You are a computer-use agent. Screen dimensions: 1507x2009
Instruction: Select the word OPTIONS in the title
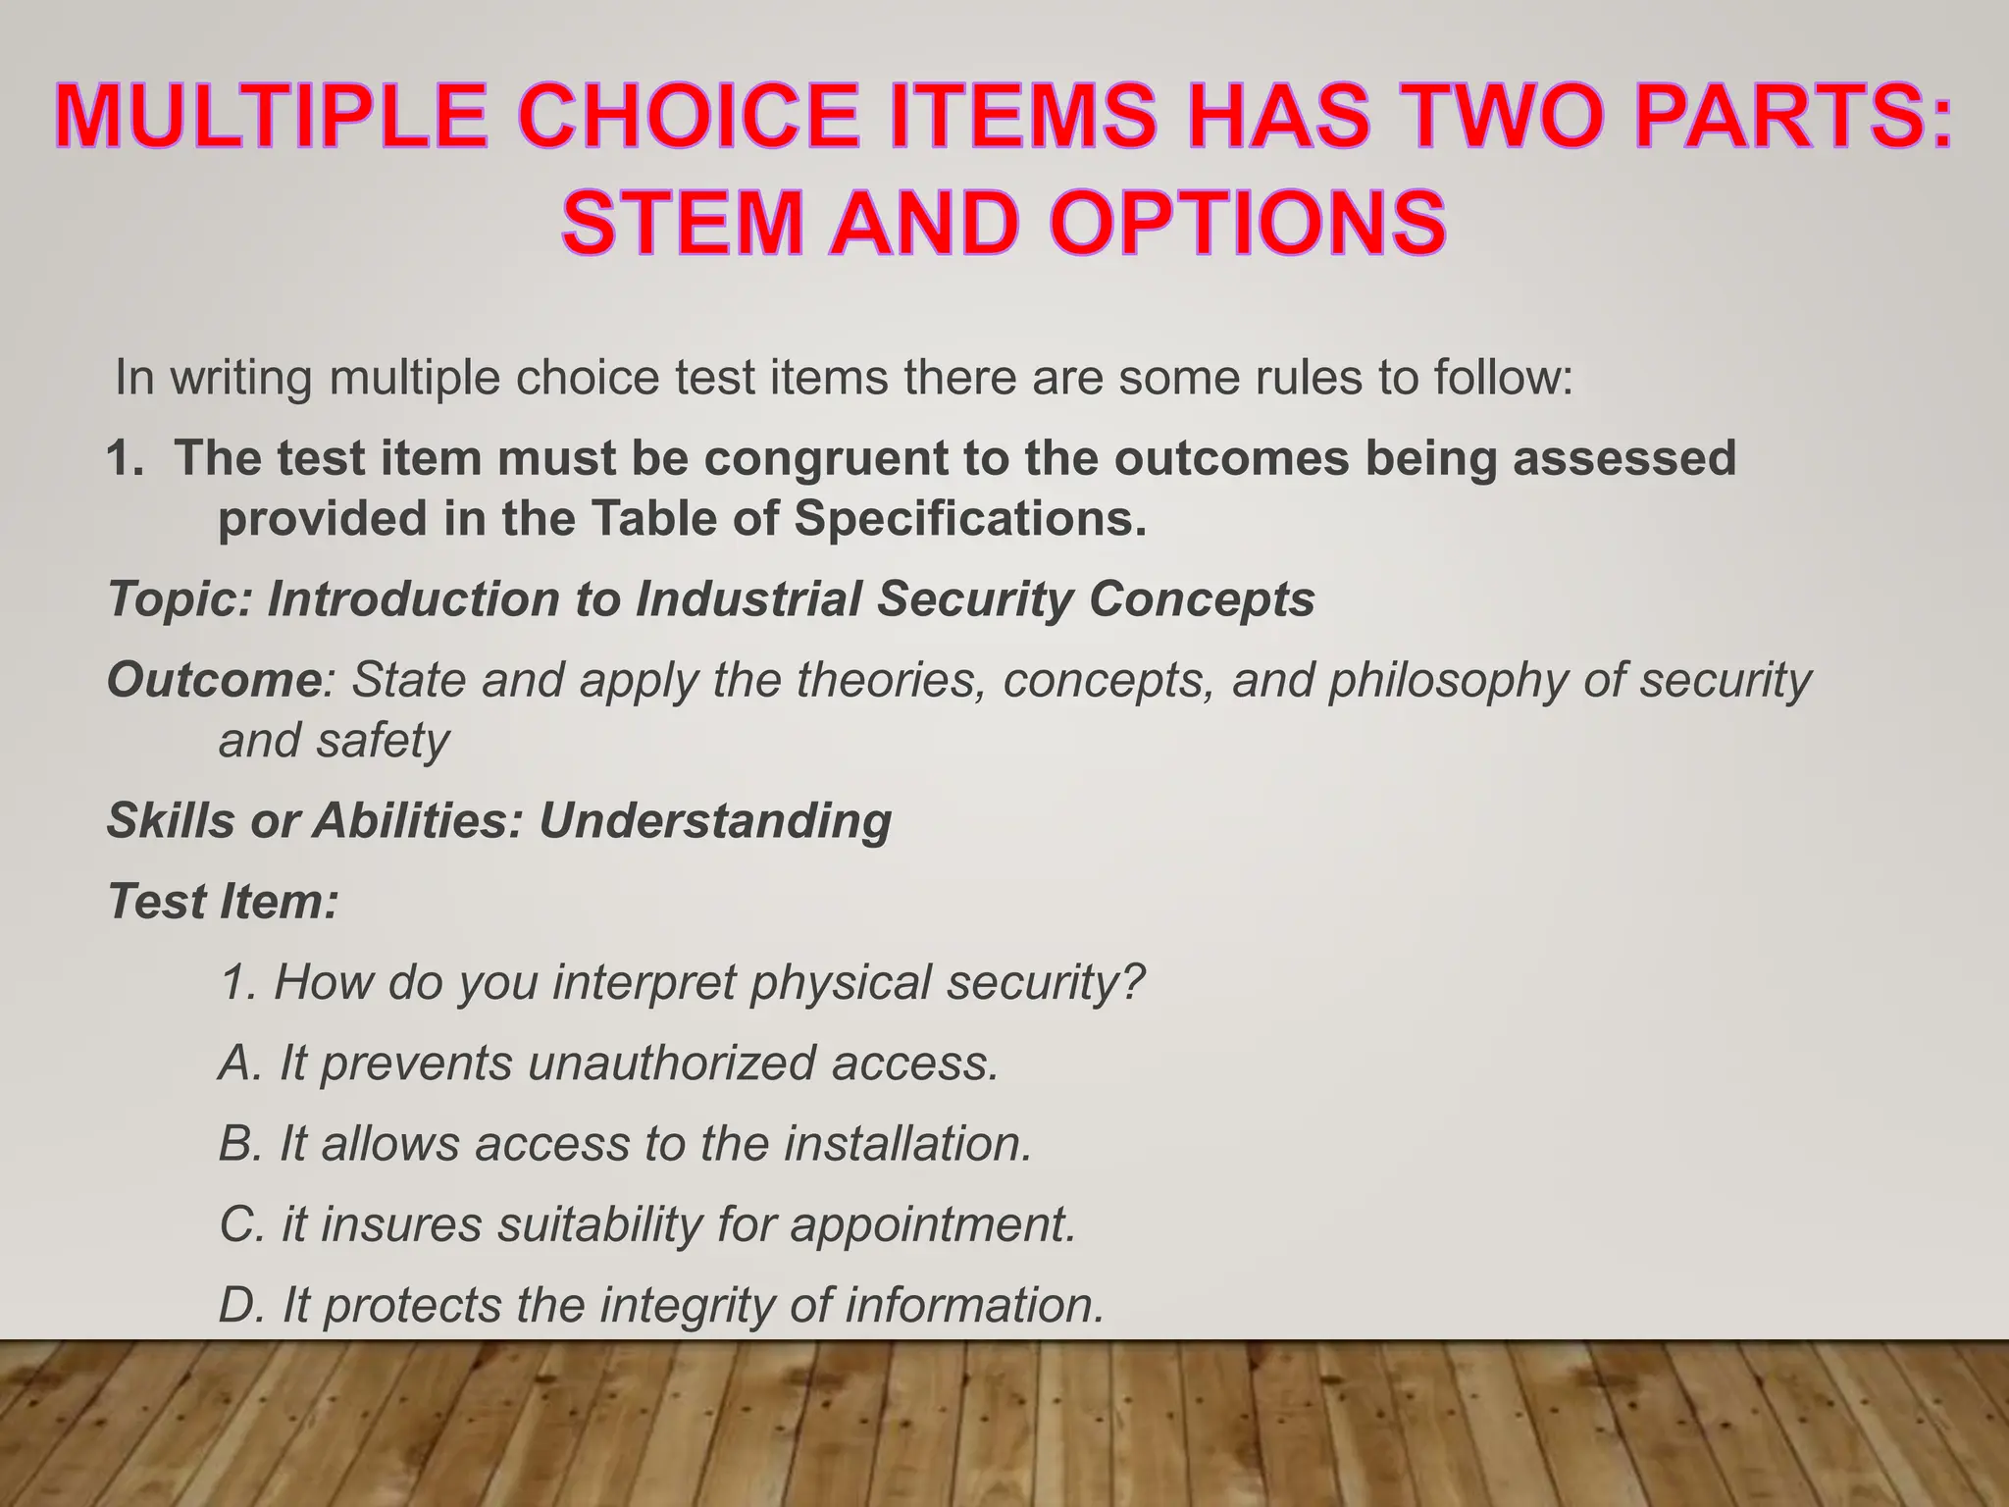[1248, 224]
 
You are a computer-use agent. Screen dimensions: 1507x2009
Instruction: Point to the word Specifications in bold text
[969, 519]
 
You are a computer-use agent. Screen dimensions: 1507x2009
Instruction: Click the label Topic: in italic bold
[180, 599]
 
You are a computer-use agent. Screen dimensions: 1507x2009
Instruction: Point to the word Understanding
[715, 821]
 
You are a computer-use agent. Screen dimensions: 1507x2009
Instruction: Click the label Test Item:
[223, 902]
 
